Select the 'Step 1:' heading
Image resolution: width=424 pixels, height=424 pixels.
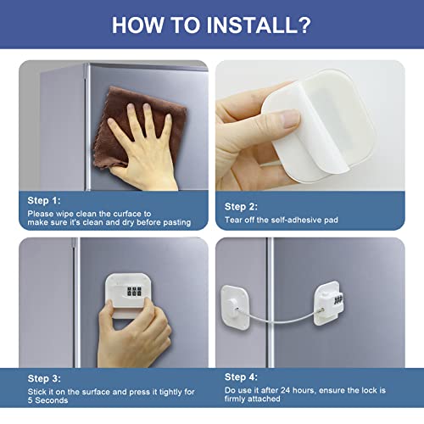point(44,200)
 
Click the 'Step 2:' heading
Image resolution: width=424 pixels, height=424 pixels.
point(241,207)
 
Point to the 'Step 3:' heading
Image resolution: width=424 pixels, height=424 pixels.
point(44,378)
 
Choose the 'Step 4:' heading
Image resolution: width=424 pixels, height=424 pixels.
point(241,377)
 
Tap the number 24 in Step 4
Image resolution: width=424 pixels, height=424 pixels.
point(285,390)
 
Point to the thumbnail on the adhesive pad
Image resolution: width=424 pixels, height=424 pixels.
point(290,118)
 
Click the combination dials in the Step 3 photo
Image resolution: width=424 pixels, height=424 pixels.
point(134,292)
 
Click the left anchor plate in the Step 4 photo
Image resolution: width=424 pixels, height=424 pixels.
point(235,308)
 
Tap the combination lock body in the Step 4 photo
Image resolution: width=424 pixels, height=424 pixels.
point(328,303)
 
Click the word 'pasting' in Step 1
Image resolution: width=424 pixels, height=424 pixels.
point(177,222)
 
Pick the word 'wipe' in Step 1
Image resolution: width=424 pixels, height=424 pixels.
point(64,214)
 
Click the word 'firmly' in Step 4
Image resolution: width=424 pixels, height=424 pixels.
point(235,399)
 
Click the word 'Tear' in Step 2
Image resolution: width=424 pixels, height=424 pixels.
point(233,220)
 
